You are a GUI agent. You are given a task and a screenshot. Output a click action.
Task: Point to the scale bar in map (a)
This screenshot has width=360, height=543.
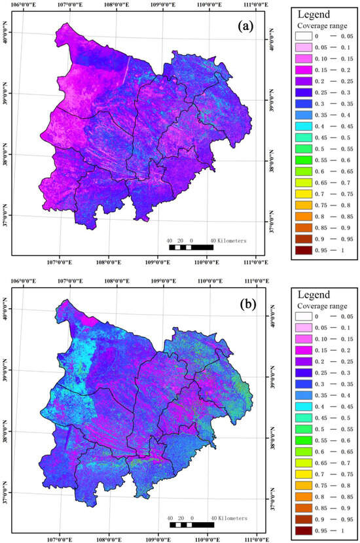[x=190, y=247]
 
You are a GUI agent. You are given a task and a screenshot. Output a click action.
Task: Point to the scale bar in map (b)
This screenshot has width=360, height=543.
[x=190, y=525]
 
